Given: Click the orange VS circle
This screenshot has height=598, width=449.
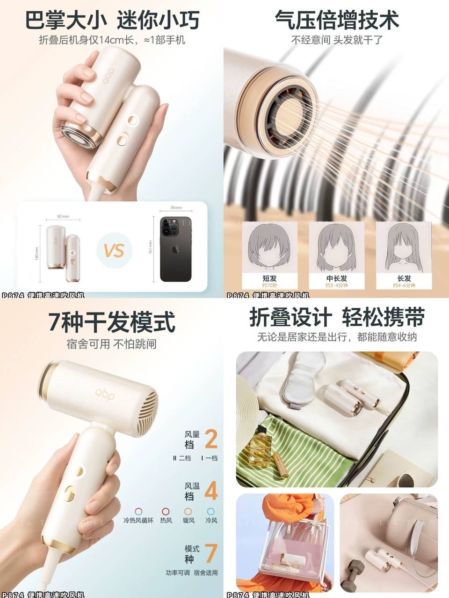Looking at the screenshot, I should coord(114,250).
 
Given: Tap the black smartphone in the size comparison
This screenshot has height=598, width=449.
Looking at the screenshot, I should coord(175,249).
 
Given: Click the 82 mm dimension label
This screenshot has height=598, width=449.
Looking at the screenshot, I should coord(63,216).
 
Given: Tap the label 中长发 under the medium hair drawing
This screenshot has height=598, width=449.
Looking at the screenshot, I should coord(337,278).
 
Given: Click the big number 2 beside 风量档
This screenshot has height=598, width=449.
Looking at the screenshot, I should coord(211,439).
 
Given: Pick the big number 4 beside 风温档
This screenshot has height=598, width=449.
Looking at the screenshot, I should coord(211,491).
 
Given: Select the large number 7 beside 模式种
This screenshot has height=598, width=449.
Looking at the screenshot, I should coord(211,553).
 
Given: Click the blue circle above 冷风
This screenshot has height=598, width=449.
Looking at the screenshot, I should coord(211,512).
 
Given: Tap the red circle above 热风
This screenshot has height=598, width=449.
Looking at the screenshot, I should coord(166,512).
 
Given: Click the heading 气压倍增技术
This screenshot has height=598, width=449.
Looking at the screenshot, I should coord(336,21).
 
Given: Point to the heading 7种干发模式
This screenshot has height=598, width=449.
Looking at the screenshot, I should coord(112,322).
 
